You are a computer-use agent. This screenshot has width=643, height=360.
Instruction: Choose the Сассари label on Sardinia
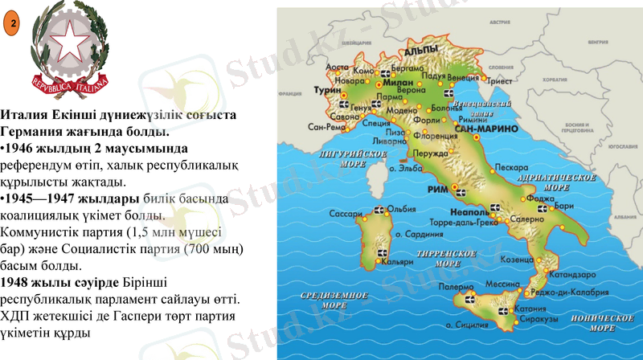tap(346, 215)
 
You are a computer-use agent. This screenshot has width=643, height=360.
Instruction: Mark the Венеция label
tap(462, 78)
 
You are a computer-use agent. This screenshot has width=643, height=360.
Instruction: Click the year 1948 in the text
tap(17, 282)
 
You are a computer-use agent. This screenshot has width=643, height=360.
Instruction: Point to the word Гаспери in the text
tap(137, 317)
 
